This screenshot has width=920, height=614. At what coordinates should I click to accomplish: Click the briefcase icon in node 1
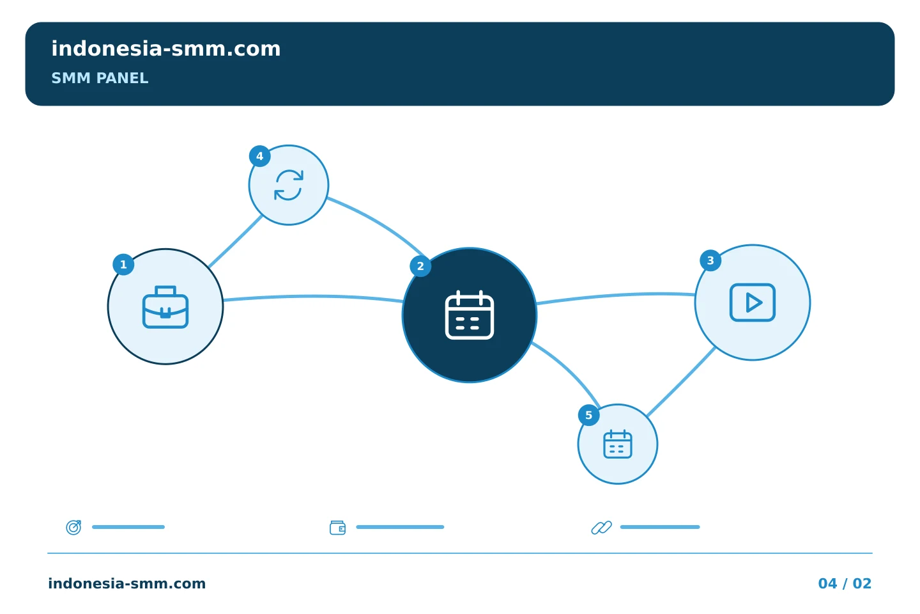click(165, 307)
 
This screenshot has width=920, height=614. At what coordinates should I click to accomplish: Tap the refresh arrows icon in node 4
click(289, 185)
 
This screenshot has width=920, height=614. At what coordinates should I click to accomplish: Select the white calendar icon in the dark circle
click(470, 315)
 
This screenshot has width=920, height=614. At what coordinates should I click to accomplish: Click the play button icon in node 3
click(753, 303)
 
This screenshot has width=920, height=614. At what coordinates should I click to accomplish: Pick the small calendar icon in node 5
click(618, 444)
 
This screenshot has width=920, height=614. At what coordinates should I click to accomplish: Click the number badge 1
click(124, 264)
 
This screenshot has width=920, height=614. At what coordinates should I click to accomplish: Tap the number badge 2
click(420, 266)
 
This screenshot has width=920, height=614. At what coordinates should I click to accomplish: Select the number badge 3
click(710, 260)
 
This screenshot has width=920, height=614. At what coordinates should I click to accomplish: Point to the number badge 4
click(259, 156)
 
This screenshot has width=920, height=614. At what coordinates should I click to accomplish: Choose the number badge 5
click(589, 415)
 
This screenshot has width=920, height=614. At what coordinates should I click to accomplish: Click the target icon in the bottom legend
click(74, 527)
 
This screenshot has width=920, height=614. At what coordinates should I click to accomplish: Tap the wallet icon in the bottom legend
click(337, 528)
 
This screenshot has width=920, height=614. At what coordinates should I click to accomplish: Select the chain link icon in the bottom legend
click(602, 528)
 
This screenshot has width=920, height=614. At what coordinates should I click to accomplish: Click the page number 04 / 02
click(845, 583)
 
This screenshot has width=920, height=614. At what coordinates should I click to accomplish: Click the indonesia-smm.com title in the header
click(166, 49)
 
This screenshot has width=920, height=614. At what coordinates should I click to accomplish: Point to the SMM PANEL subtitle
click(100, 78)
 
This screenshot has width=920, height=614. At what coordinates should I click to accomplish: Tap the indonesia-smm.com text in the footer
click(127, 583)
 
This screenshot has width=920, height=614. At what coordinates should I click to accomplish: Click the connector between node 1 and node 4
click(235, 241)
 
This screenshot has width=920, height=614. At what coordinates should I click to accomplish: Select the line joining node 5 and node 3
click(681, 382)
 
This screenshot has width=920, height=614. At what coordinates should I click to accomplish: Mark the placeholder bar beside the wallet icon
click(400, 527)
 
